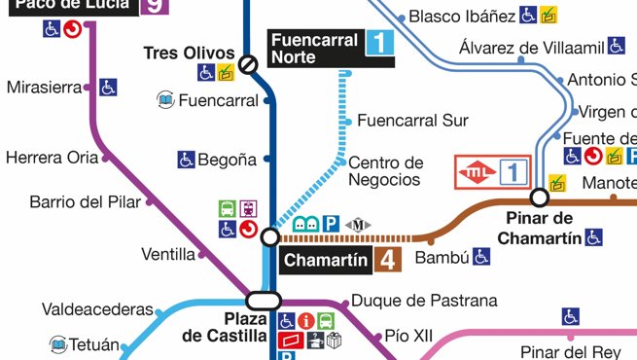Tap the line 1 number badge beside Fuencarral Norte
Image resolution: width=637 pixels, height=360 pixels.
click(x=379, y=42)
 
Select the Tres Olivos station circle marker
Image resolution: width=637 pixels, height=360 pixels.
click(x=249, y=64)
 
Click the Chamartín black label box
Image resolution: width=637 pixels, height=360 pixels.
click(x=327, y=260)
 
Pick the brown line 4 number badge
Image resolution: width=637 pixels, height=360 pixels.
click(x=387, y=260)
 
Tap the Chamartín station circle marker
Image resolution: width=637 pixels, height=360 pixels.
click(x=270, y=237)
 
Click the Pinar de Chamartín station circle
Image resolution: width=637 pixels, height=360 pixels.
click(x=539, y=197)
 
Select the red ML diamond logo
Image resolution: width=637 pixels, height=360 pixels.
click(x=477, y=173)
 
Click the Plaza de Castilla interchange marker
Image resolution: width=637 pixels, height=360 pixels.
click(x=264, y=300)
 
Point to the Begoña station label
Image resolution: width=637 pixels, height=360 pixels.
click(x=228, y=159)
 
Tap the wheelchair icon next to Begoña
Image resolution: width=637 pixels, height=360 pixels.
click(x=186, y=159)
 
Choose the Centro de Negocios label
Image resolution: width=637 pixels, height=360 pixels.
click(x=385, y=170)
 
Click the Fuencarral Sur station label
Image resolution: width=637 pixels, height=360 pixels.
click(x=412, y=121)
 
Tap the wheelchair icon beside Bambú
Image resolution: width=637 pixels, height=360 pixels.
click(x=481, y=257)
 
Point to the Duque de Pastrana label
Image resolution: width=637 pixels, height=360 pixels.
click(x=424, y=301)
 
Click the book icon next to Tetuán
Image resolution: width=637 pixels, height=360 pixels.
click(x=58, y=344)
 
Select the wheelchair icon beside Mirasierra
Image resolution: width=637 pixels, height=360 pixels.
click(x=108, y=88)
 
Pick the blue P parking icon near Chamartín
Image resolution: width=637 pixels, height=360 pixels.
click(x=331, y=225)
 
